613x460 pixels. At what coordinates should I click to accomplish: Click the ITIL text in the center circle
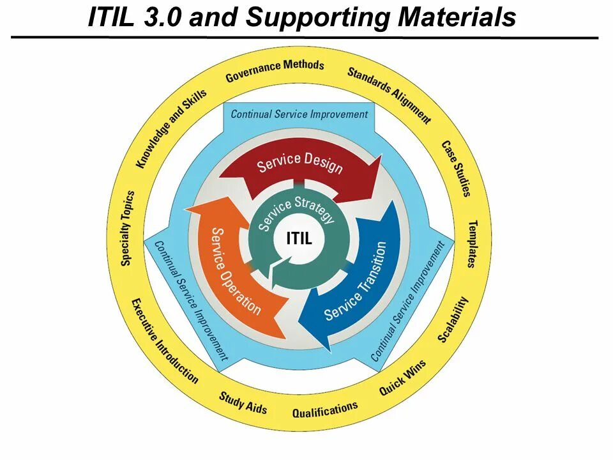[299, 240]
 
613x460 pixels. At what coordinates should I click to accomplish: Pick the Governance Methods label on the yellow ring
[275, 71]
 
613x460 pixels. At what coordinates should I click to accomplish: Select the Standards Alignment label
[389, 95]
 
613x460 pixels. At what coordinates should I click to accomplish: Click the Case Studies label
[457, 168]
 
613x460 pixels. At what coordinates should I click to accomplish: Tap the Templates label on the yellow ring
[473, 243]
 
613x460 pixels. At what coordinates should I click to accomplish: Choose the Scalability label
[453, 319]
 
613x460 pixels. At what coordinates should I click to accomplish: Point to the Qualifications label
[325, 410]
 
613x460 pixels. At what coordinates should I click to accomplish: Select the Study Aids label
[243, 402]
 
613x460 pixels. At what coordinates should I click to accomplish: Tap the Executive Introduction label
[164, 341]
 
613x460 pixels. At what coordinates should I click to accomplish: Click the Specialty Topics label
[127, 228]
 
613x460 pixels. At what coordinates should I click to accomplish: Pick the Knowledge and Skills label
[171, 128]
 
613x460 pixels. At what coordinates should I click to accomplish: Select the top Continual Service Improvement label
[299, 114]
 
